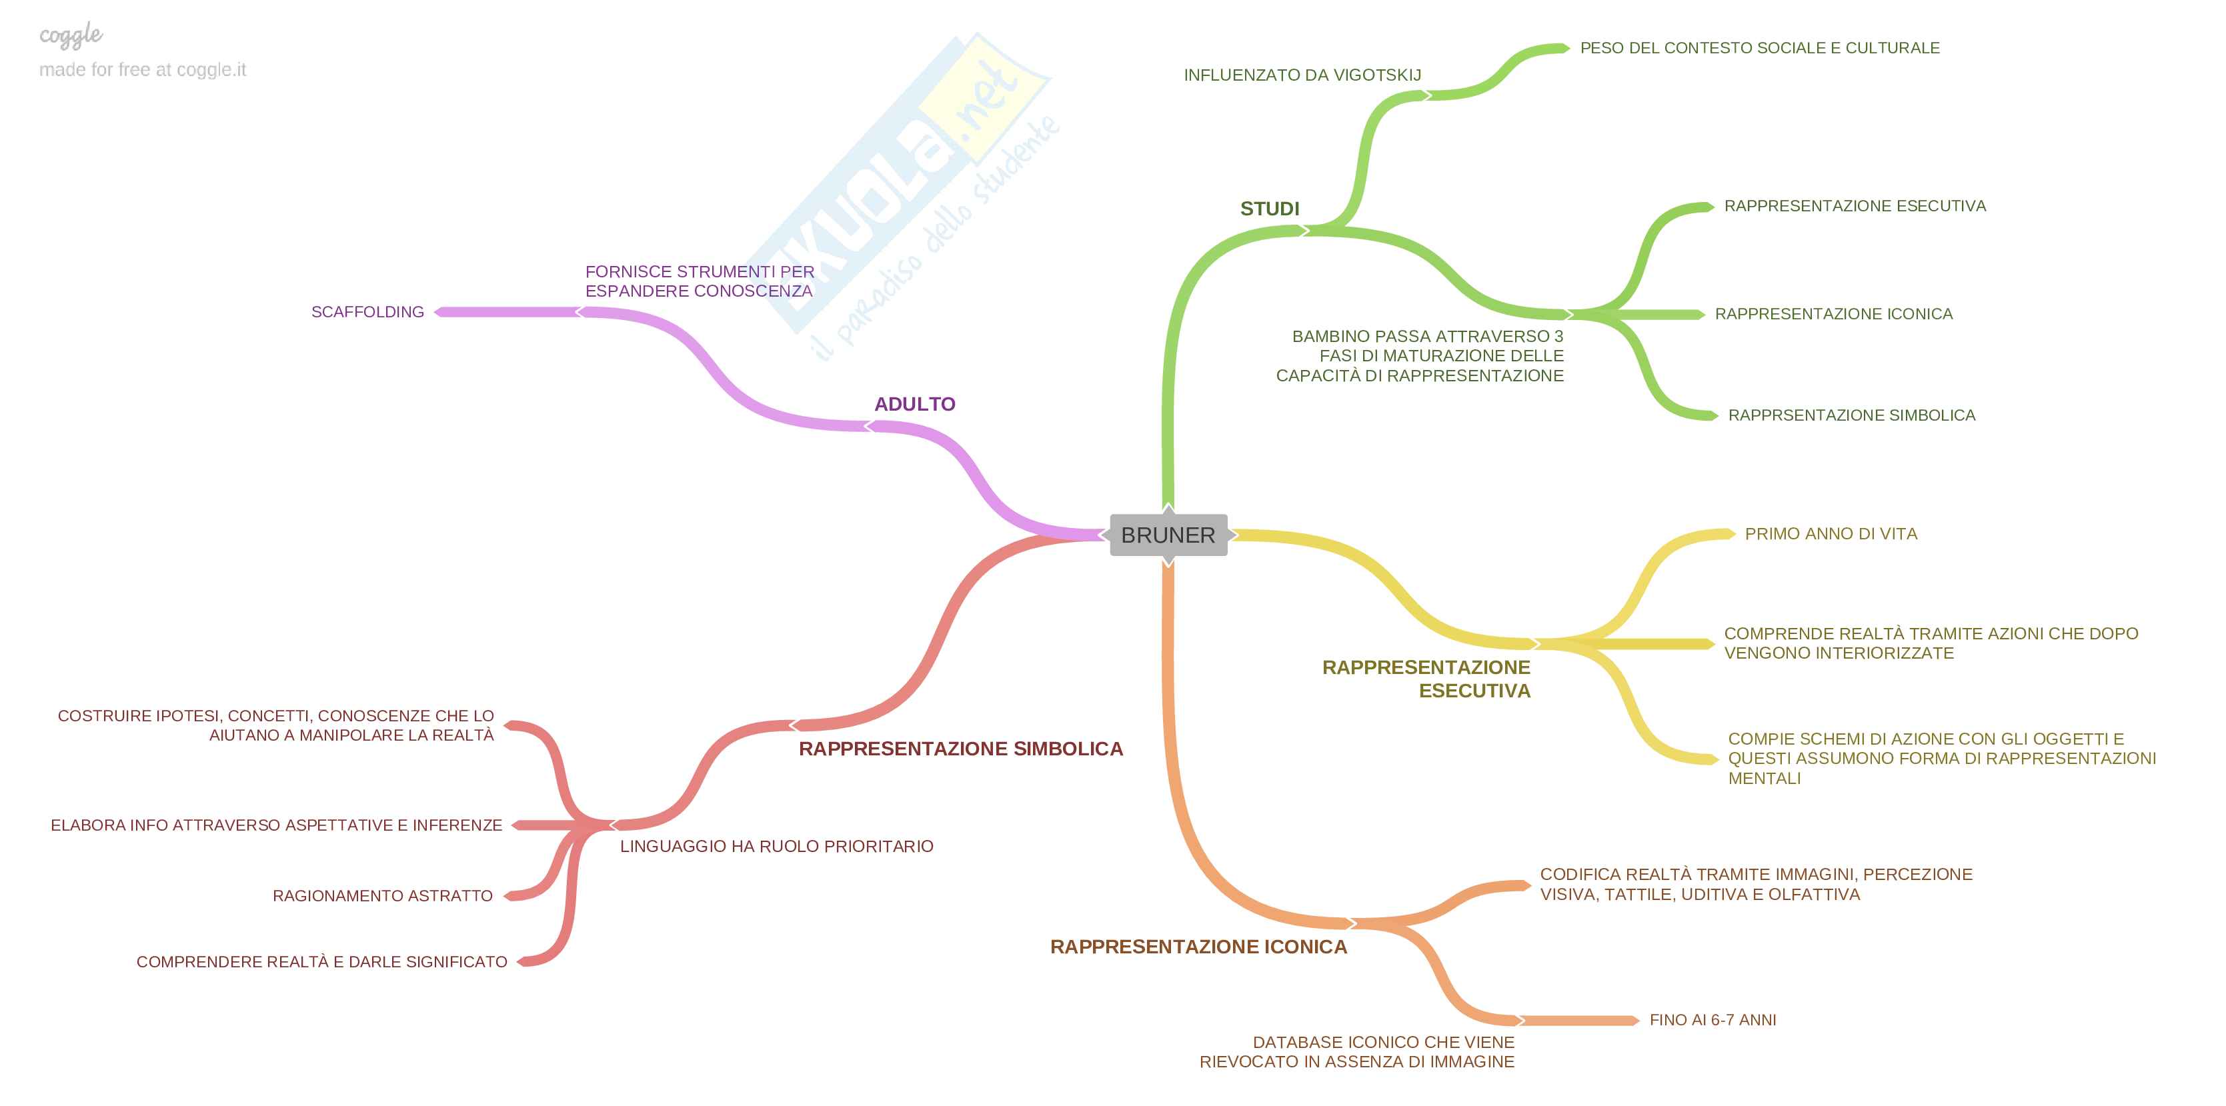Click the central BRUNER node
tap(1168, 535)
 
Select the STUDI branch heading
tap(1270, 208)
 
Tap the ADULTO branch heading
tap(914, 403)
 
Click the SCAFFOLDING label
tap(367, 312)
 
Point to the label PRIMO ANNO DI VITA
tap(1831, 534)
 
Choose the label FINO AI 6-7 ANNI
tap(1712, 1019)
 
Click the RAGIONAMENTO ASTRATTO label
tap(382, 896)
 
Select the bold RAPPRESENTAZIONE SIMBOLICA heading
tap(960, 748)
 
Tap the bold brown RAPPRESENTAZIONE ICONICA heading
tap(1198, 946)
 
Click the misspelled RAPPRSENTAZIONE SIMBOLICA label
tap(1851, 415)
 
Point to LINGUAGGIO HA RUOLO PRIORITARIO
tap(776, 846)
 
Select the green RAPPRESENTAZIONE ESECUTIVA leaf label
tap(1855, 205)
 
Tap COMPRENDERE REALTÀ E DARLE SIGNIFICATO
tap(321, 962)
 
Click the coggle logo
tap(71, 35)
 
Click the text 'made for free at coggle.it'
tap(143, 70)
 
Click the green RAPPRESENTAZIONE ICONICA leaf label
tap(1833, 313)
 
